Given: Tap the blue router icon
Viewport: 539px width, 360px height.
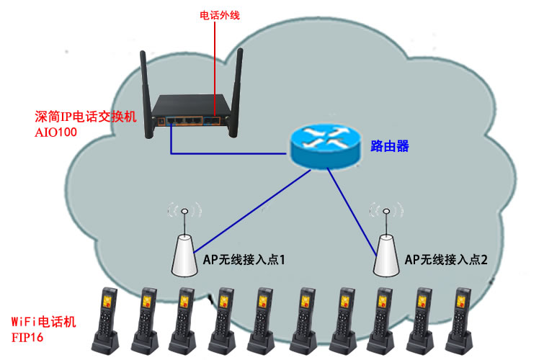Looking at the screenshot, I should (324, 147).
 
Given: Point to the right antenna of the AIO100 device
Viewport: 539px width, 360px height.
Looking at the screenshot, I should (236, 90).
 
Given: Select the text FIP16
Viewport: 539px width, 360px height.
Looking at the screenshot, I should (27, 336).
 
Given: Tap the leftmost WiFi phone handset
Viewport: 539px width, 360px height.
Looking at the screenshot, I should (107, 317).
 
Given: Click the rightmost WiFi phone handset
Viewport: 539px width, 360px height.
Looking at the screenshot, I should (461, 317).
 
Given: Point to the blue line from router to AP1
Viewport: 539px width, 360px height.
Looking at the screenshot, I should (245, 209).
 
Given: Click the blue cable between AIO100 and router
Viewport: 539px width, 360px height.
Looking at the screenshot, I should (223, 153).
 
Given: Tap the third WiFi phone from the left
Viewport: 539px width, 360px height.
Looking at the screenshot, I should (184, 317).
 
